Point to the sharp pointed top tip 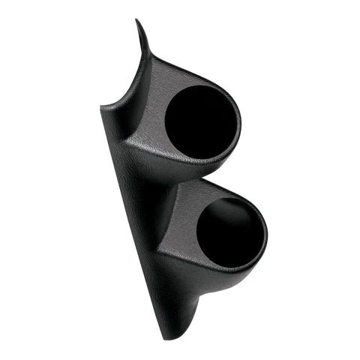(137, 22)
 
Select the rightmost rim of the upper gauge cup (241, 124)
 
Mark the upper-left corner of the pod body (101, 110)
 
